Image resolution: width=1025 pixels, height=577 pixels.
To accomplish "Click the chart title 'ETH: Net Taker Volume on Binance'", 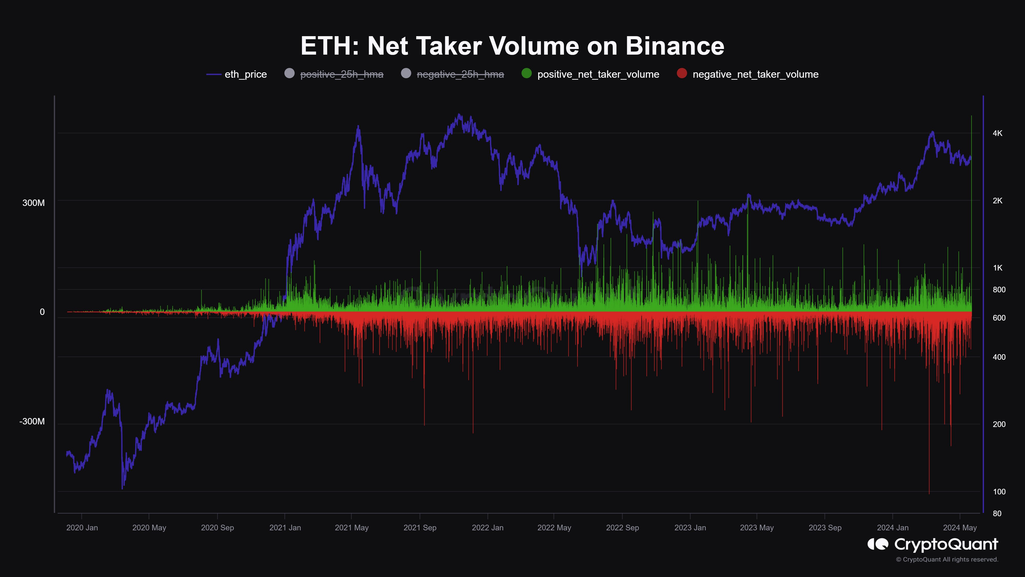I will tap(512, 46).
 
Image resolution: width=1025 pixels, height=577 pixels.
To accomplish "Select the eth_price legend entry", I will tap(245, 74).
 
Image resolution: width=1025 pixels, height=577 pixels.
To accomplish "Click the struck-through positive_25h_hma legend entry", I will tap(341, 74).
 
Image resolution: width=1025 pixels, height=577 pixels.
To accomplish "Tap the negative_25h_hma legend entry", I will tap(460, 74).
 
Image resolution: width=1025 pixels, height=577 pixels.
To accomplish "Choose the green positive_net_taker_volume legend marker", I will tap(526, 73).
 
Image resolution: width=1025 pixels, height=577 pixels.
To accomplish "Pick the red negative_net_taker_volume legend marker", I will tap(682, 73).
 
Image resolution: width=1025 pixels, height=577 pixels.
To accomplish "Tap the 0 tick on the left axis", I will tap(42, 312).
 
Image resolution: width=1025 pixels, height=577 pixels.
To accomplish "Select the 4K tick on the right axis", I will tap(998, 133).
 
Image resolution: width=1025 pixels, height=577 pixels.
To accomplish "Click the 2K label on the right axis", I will tap(998, 201).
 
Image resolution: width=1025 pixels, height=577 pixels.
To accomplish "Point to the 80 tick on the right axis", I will tap(997, 514).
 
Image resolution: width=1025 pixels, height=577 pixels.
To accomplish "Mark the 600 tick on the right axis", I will tap(999, 318).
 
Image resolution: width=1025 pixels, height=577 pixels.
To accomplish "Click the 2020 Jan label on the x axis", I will tap(82, 528).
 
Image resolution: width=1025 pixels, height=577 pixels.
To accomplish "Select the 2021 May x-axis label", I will tap(352, 528).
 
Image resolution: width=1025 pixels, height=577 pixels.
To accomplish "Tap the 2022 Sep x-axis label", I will tap(622, 528).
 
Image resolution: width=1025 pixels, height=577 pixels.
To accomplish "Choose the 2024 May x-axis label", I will tap(960, 528).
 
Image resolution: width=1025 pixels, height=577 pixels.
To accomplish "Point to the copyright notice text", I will tap(947, 560).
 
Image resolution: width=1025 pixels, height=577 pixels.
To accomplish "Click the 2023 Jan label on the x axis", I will tap(690, 528).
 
